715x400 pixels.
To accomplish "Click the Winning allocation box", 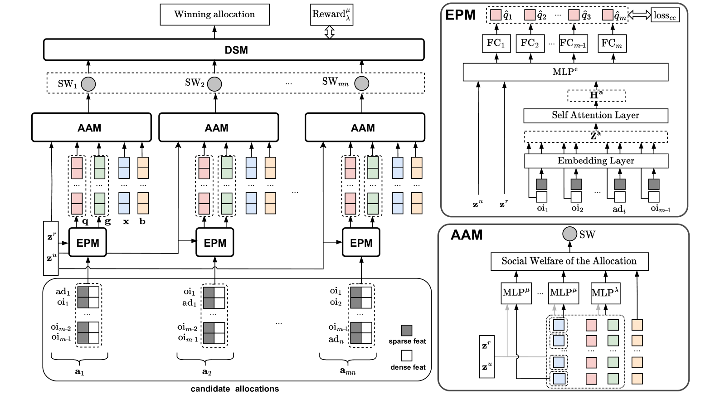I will coord(214,15).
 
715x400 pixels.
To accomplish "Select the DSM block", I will coord(233,50).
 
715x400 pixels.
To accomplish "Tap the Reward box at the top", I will coord(331,15).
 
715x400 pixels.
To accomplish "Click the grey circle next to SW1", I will coord(88,84).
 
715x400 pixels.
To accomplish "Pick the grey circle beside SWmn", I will coord(361,83).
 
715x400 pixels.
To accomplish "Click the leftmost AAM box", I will coord(91,127).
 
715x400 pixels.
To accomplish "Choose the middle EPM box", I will coord(215,243).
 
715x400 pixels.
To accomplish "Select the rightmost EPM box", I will coord(361,243).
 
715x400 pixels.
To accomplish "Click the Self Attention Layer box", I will coord(595,116).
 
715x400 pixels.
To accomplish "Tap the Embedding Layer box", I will coord(596,161).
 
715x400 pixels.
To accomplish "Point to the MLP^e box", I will coord(565,72).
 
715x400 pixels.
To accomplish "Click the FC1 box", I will coord(496,44).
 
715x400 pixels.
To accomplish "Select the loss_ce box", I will coord(665,15).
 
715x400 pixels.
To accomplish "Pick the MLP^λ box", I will coord(605,293).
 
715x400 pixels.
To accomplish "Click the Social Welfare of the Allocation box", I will coord(569,261).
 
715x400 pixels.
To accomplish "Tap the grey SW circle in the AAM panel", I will coord(569,234).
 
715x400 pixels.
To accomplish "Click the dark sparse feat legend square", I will coord(406,330).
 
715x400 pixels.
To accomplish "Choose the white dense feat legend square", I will coord(406,355).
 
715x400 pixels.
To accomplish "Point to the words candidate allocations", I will coord(234,389).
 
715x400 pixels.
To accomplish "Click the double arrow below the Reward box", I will coord(330,32).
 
